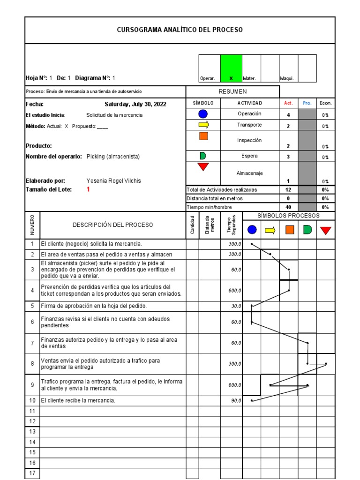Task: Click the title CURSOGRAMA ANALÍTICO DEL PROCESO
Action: [180, 30]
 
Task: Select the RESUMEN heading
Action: [233, 92]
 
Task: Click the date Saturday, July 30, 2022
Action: [135, 104]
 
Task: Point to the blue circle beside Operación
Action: [203, 114]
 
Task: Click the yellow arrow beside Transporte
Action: [203, 125]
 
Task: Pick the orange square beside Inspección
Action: [203, 136]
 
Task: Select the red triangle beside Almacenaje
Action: [203, 166]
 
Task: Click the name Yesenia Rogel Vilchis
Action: [113, 181]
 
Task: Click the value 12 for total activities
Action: [288, 190]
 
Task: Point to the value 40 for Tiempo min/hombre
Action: [288, 207]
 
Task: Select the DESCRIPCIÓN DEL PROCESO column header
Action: [112, 225]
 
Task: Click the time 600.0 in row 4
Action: [234, 291]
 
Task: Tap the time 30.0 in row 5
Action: [236, 306]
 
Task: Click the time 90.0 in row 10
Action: [236, 401]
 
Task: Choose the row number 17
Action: [32, 473]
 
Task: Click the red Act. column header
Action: [288, 103]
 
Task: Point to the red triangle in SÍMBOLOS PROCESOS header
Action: [325, 230]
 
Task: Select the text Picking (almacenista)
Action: [113, 157]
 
